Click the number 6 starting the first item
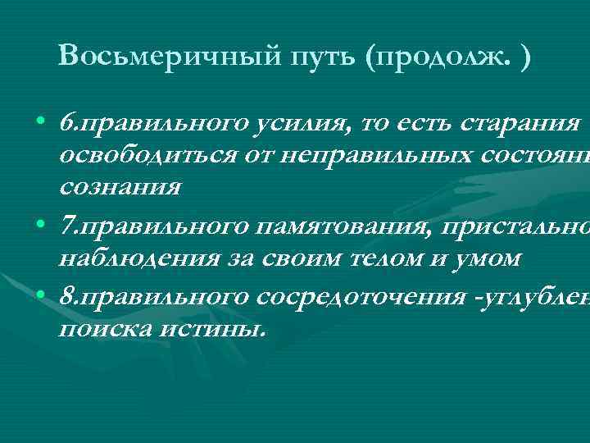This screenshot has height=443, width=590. tap(66, 125)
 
